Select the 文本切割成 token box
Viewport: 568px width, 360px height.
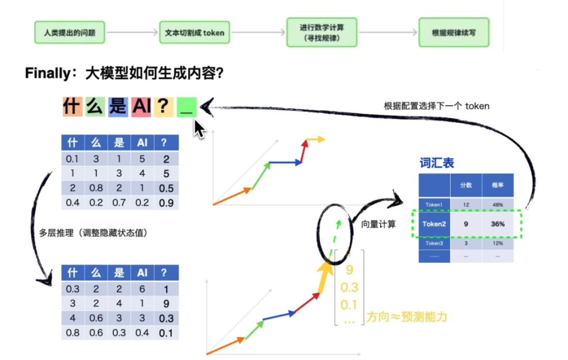pyautogui.click(x=195, y=32)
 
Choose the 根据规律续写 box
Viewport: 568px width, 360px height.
pyautogui.click(x=453, y=32)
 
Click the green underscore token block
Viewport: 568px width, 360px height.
pyautogui.click(x=186, y=106)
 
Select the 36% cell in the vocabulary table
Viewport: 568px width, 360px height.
pyautogui.click(x=498, y=224)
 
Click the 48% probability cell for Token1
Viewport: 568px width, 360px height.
pyautogui.click(x=498, y=204)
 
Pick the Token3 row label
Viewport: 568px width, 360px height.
pyautogui.click(x=434, y=243)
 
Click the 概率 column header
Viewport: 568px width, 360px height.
pyautogui.click(x=498, y=185)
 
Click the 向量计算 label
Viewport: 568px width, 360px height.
pyautogui.click(x=379, y=224)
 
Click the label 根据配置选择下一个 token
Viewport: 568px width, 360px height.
pyautogui.click(x=437, y=106)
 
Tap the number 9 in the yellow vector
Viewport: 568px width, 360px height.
pyautogui.click(x=349, y=270)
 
